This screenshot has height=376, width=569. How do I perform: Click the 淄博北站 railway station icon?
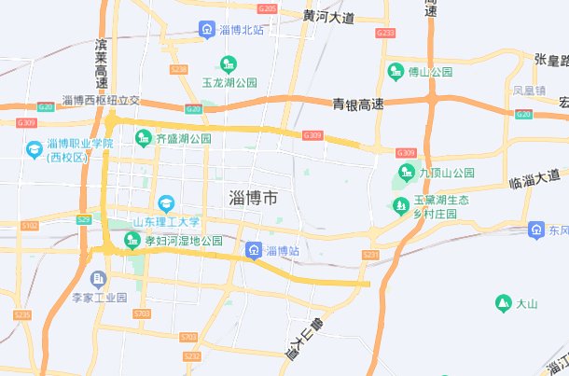point(206,29)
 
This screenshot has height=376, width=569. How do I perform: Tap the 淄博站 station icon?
point(253,251)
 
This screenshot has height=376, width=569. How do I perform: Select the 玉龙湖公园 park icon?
point(227,63)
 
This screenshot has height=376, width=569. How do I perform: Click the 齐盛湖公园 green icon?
point(144,138)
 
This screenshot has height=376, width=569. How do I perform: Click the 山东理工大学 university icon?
point(166,203)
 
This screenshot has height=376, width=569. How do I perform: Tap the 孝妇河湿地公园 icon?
point(132,242)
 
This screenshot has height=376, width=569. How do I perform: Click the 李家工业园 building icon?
point(98,278)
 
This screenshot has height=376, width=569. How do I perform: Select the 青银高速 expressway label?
point(359,104)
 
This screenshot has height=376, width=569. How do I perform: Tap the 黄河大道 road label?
point(329,18)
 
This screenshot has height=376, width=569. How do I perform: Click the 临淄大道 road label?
point(535,175)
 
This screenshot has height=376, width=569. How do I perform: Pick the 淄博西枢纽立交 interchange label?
point(101,101)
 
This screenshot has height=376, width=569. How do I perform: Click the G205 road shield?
point(267,8)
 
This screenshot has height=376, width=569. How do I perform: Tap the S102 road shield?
point(30,226)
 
